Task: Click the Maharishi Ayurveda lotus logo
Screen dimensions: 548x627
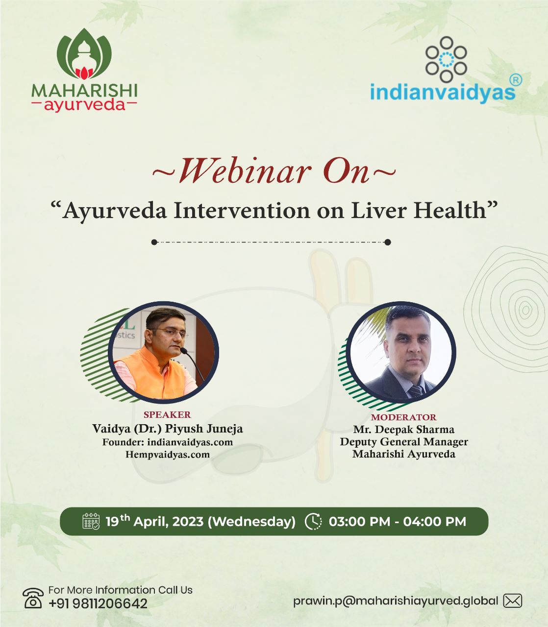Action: point(84,54)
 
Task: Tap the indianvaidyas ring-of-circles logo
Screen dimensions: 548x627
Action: point(446,59)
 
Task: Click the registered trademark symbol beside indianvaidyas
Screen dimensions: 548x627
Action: point(516,80)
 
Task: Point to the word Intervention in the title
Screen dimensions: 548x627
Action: point(242,211)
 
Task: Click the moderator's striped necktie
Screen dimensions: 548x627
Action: point(416,391)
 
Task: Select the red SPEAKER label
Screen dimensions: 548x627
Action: point(168,414)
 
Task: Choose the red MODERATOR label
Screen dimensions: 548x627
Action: point(403,417)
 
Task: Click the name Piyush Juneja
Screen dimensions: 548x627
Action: point(204,429)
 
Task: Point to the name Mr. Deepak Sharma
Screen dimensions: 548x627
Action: point(403,429)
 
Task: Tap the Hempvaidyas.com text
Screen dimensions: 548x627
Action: point(168,454)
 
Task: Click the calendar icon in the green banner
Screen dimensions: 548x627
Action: point(91,521)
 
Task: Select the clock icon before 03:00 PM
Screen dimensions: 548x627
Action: point(313,521)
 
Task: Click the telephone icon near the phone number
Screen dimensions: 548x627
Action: point(33,598)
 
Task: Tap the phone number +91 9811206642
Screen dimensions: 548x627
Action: point(98,603)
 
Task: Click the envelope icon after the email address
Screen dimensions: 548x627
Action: point(512,601)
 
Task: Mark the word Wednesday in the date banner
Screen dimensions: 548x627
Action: point(251,522)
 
